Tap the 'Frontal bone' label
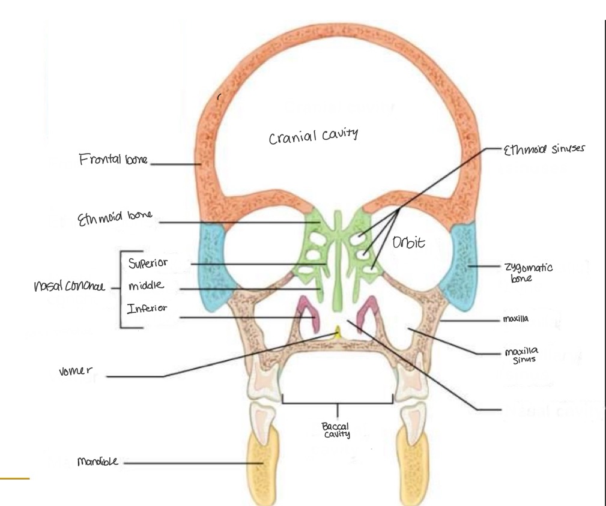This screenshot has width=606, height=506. point(114,160)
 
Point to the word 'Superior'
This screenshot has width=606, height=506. point(147,263)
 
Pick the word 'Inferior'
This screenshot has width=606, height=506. point(147,309)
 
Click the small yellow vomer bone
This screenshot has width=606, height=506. point(338,331)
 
